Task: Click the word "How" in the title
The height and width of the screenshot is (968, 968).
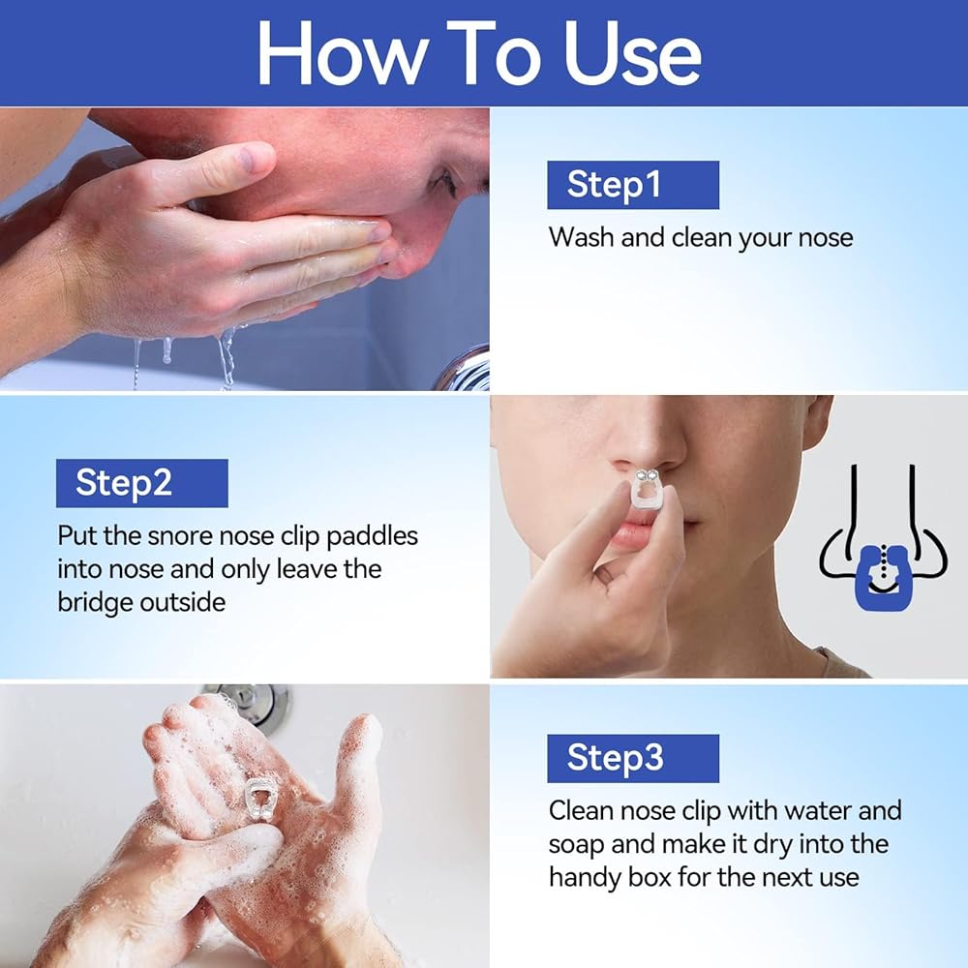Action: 342,53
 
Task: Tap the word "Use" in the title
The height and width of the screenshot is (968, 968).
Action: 632,53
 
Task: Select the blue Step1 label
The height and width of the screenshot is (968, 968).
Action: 633,185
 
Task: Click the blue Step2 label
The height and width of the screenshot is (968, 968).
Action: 142,483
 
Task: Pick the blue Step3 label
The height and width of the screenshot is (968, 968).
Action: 633,758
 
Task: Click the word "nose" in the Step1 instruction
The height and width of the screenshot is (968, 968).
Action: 826,238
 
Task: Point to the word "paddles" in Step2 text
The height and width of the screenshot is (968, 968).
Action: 372,536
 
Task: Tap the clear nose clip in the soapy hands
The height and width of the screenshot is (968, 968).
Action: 260,800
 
